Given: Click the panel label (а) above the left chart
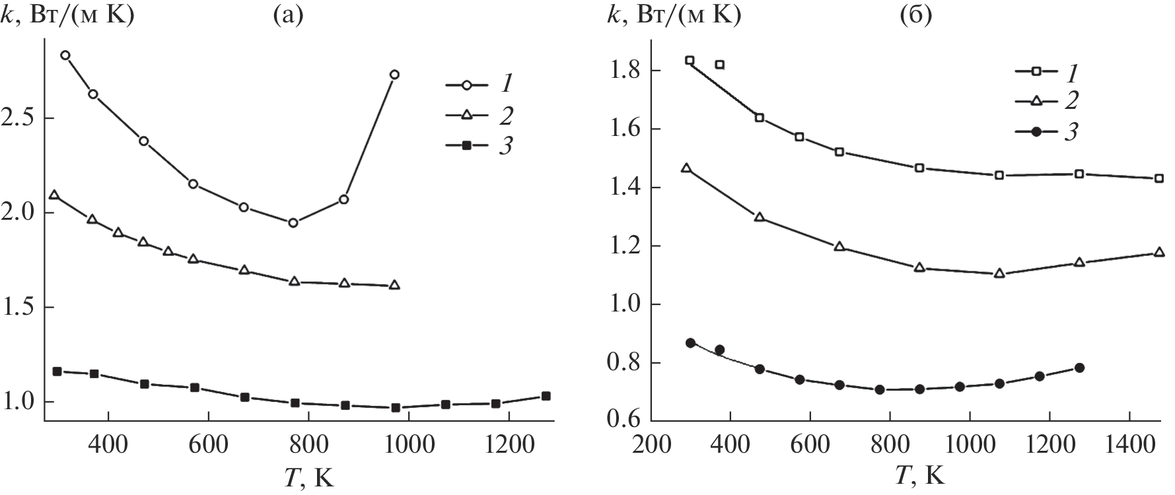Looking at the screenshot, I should point(288,15).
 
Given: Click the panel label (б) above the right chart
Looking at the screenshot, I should point(915,15).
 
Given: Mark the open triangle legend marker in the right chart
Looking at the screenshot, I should point(1036,101).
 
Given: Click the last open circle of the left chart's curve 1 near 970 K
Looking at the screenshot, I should point(394,75).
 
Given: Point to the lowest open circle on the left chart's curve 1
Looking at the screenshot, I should point(293,223).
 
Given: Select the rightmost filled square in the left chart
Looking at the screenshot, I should point(546,396).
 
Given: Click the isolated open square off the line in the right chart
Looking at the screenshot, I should point(720,65).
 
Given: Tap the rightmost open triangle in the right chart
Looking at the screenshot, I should point(1159,252).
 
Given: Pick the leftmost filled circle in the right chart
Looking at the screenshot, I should point(690,343).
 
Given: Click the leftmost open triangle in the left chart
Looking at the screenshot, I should point(54,195).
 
